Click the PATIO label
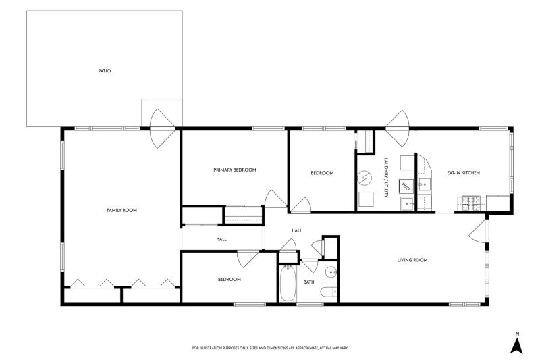pos(105,71)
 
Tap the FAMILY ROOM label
pos(122,210)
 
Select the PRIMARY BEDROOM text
pos(235,170)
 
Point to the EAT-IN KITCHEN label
pos(463,173)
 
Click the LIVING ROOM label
pos(412,260)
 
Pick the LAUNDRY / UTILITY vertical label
pos(386,178)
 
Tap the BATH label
pos(309,282)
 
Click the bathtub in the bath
pos(288,283)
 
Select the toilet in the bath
pos(329,292)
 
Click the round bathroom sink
pos(331,272)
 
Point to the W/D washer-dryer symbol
pos(406,186)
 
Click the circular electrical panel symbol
pos(364,178)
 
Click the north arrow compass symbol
pos(516,346)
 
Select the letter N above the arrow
pos(517,334)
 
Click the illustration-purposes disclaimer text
pos(269,348)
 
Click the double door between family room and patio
pos(162,128)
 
